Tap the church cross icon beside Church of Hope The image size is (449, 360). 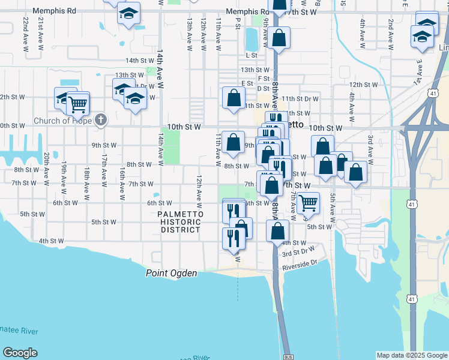point(101,120)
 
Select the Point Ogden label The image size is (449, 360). point(171,273)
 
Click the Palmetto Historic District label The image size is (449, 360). point(180,222)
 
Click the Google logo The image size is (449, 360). point(20,353)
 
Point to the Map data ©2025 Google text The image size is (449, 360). point(412,355)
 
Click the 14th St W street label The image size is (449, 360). point(140,61)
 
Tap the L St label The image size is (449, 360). point(252,55)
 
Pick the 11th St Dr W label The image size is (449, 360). point(300,98)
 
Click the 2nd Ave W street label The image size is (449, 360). point(391,34)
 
